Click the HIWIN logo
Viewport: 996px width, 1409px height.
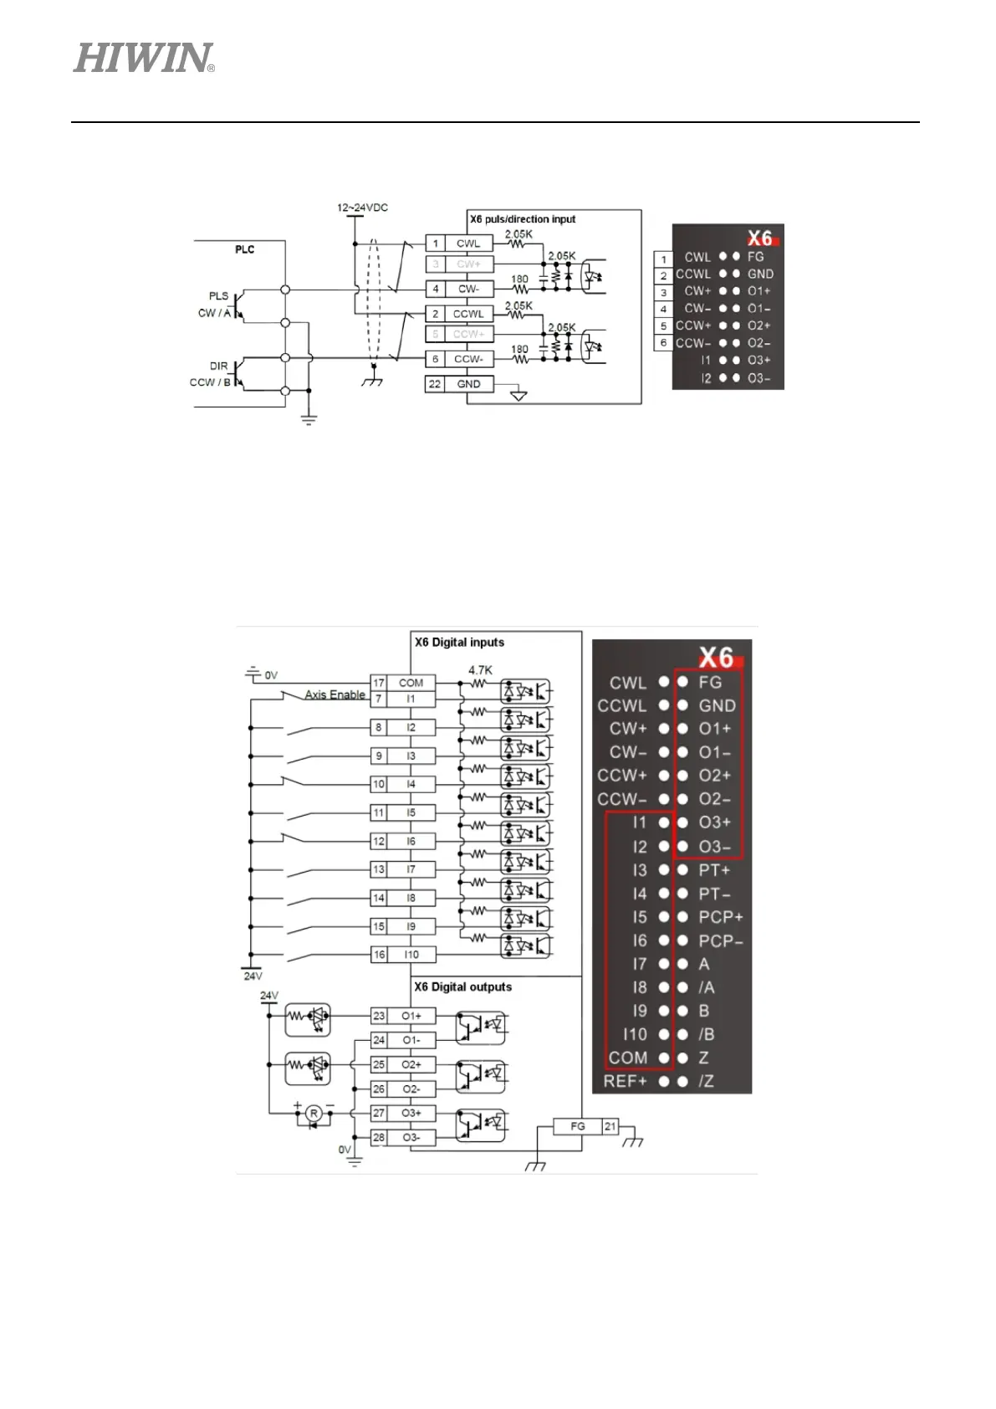click(x=144, y=59)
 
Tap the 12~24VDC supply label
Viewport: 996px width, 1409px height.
click(x=362, y=208)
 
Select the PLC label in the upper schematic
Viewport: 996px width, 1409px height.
click(x=244, y=249)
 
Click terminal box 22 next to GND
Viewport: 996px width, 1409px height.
click(x=434, y=384)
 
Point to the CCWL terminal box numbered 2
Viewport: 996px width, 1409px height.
click(x=467, y=314)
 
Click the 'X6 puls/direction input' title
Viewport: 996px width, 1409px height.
click(x=523, y=219)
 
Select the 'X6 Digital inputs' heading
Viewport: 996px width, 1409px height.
click(x=459, y=643)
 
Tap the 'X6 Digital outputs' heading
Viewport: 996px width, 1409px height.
click(x=462, y=987)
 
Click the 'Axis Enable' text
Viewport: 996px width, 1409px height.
click(x=335, y=694)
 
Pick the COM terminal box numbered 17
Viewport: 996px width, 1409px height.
click(x=410, y=683)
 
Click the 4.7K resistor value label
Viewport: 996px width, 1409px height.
click(x=480, y=670)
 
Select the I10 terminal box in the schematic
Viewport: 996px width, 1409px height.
click(x=411, y=955)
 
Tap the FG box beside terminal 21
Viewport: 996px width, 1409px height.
click(x=578, y=1126)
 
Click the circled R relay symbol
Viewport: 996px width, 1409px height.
click(x=314, y=1113)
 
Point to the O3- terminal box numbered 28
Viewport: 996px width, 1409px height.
click(x=411, y=1138)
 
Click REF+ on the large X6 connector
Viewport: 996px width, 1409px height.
click(x=626, y=1081)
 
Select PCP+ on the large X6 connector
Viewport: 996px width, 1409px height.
click(x=720, y=917)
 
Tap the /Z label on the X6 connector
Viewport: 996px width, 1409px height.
click(x=707, y=1081)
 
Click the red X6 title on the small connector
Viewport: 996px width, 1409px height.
click(x=760, y=238)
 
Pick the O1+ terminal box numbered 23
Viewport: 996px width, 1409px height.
click(x=411, y=1016)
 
